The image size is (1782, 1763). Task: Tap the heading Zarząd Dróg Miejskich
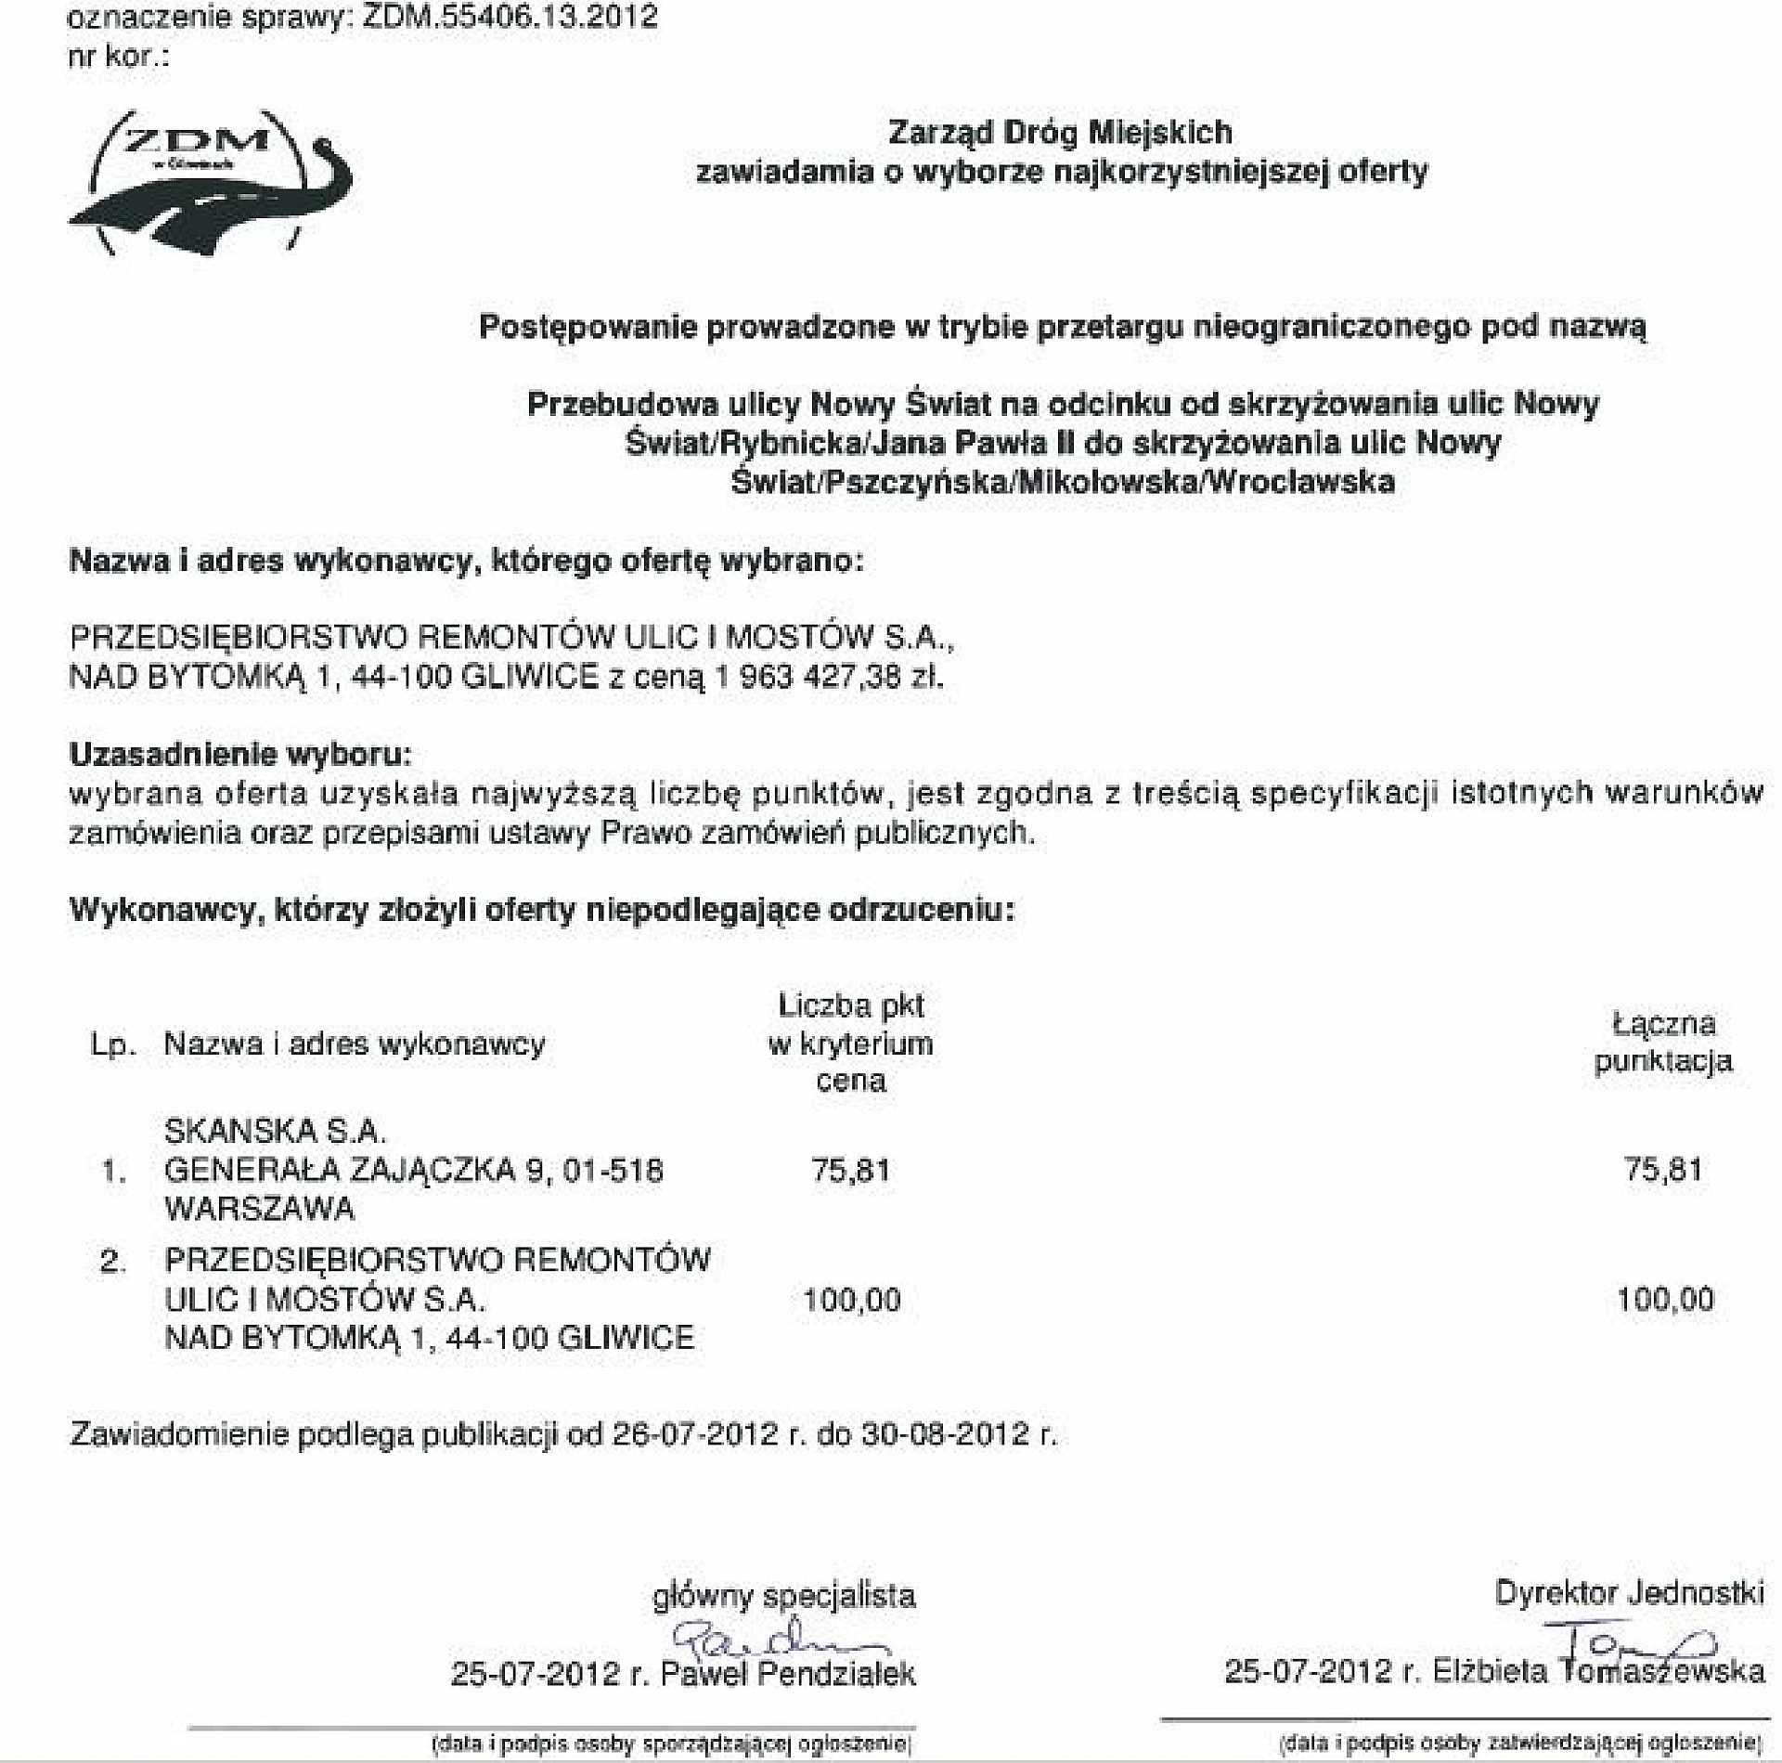1060,133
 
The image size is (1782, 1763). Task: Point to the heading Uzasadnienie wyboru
239,754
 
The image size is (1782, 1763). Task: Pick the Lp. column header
113,1045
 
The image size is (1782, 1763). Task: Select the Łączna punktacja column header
1663,1043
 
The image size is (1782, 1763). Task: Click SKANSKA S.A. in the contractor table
275,1131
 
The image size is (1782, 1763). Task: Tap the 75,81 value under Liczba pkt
850,1170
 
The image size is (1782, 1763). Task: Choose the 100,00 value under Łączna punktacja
1665,1299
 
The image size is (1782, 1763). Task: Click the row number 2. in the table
113,1262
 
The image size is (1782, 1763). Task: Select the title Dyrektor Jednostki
1629,1594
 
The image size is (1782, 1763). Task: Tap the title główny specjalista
784,1596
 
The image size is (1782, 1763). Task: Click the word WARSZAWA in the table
260,1209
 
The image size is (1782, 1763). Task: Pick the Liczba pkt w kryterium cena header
850,1044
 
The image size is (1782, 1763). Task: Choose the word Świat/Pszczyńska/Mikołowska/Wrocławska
1063,483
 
